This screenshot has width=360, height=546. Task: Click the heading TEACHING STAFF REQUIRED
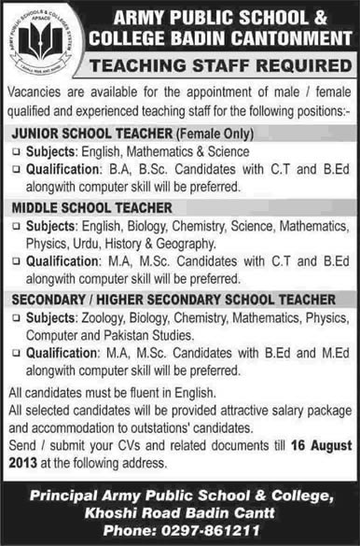pyautogui.click(x=219, y=65)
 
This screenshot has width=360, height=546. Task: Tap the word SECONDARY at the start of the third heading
pyautogui.click(x=51, y=300)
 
